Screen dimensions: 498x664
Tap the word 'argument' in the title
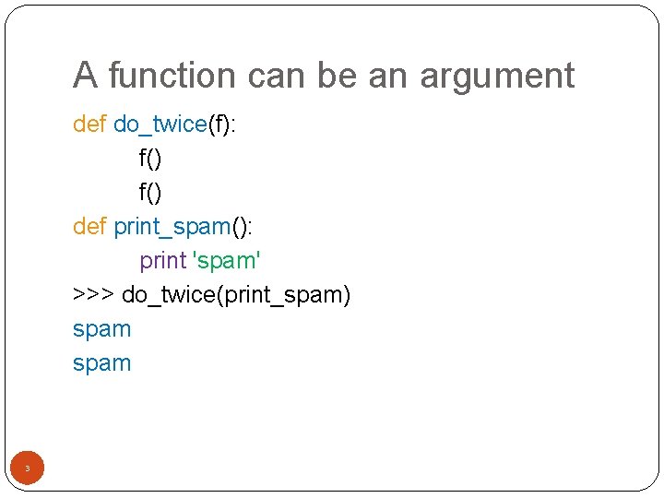coord(497,76)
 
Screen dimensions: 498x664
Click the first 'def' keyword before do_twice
coord(89,125)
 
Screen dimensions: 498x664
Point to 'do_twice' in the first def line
coord(160,125)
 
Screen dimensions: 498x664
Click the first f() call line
coord(150,159)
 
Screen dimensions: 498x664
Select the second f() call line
coord(150,192)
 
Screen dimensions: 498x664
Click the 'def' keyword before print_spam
coord(89,226)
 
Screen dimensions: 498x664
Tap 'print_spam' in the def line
coord(171,227)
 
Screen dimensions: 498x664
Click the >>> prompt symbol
coord(93,295)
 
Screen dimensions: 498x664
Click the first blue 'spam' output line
coord(101,329)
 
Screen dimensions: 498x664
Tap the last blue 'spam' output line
coord(101,363)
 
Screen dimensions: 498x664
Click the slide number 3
coord(27,469)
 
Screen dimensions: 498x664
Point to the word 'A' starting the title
coord(84,76)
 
